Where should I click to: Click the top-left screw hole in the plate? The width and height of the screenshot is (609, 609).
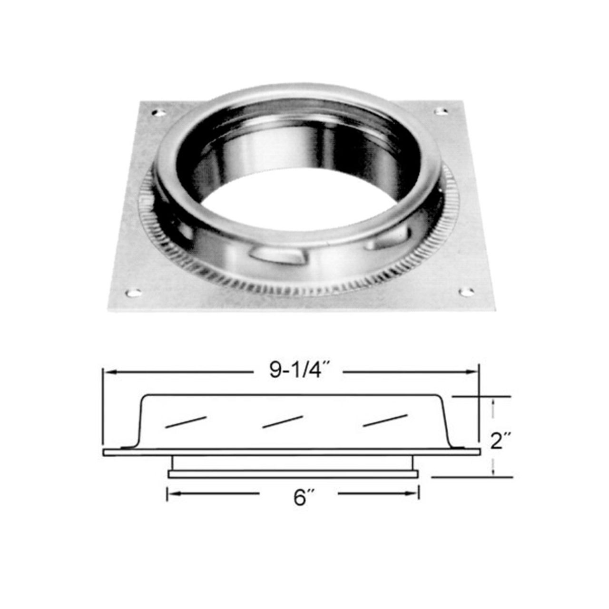coord(158,113)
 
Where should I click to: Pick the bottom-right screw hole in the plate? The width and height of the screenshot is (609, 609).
coord(467,291)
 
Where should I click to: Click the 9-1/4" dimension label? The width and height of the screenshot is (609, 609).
coord(296,371)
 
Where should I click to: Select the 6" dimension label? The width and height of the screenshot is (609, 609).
coord(299,498)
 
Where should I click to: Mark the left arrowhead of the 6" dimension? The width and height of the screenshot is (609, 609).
coord(171,494)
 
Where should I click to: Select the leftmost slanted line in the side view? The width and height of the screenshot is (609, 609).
coord(186,422)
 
